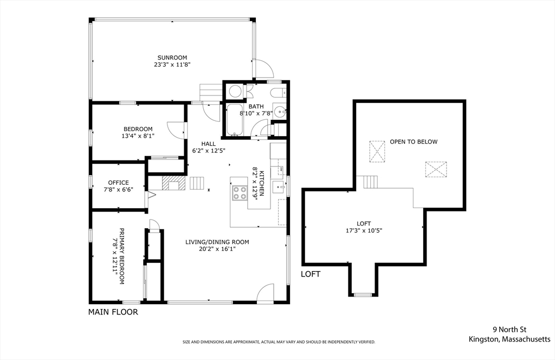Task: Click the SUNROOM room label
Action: click(x=172, y=57)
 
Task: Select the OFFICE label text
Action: click(x=118, y=183)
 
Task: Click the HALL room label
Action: click(x=209, y=144)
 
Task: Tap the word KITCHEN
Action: click(x=262, y=183)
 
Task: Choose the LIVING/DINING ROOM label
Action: click(x=217, y=242)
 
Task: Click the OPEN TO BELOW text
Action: click(x=414, y=142)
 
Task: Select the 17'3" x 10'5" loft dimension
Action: click(x=364, y=230)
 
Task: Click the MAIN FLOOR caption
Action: click(x=113, y=312)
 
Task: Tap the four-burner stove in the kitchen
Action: click(x=240, y=193)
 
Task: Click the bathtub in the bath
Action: click(x=234, y=120)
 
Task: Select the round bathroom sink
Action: click(x=280, y=112)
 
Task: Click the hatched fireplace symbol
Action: click(x=173, y=183)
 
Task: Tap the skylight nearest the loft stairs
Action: click(x=377, y=151)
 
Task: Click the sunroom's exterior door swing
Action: click(x=264, y=68)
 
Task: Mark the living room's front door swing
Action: click(x=265, y=293)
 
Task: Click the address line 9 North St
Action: click(x=509, y=330)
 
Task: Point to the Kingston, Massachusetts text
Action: click(x=509, y=339)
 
